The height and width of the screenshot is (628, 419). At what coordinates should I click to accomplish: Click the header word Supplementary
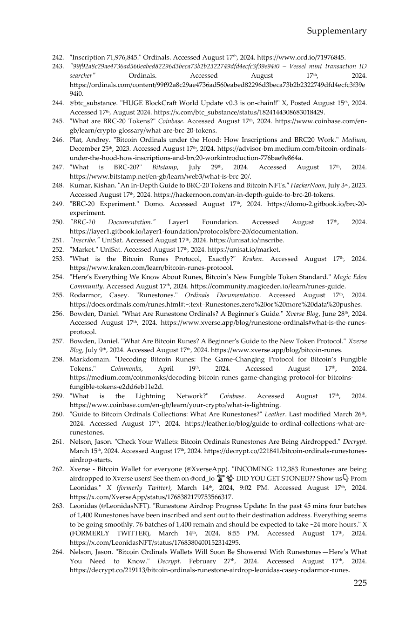pos(337,31)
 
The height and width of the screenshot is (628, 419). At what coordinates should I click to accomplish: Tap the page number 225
pos(360,583)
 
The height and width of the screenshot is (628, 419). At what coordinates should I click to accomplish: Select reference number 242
pos(58,58)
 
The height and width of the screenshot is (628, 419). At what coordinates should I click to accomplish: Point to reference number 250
pos(58,222)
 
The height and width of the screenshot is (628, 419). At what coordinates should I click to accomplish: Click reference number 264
pos(58,552)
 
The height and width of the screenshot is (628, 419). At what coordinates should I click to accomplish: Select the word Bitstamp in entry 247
pos(164,167)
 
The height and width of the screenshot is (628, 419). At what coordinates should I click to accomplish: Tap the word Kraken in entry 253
pos(252,259)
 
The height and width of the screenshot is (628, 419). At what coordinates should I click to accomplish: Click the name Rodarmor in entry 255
pos(83,295)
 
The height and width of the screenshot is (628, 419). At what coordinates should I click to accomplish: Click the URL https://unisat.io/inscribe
pos(246,241)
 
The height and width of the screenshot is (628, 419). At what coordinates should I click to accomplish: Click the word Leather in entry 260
pos(275,414)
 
